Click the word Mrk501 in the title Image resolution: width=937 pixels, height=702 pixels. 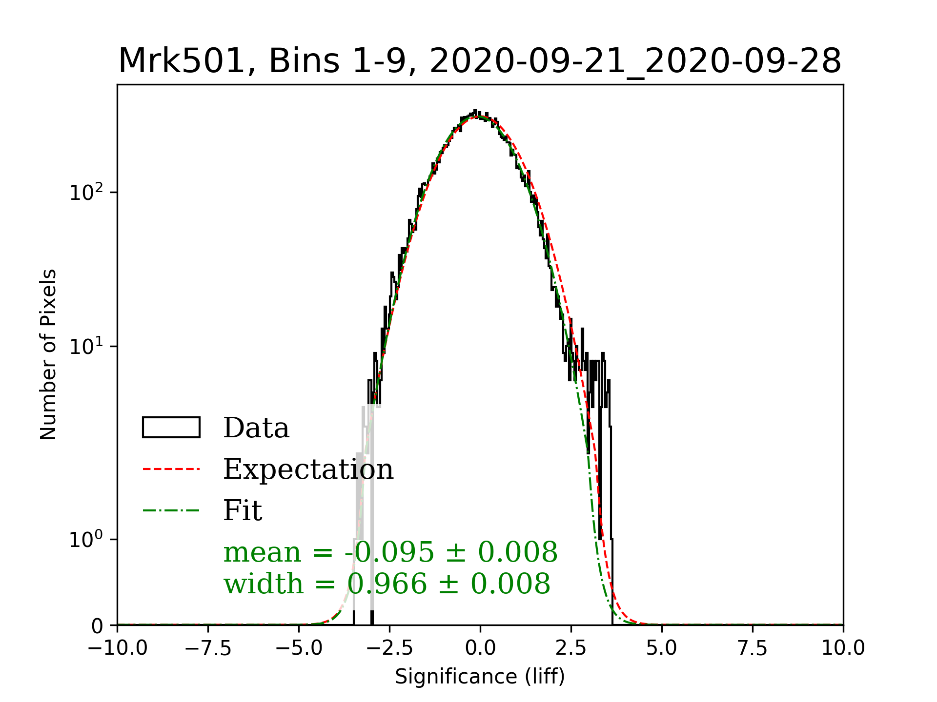click(x=181, y=61)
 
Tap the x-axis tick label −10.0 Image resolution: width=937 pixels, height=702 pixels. click(x=117, y=648)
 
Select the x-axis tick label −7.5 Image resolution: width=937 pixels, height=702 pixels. click(x=208, y=648)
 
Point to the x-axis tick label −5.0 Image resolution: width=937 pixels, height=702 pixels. click(x=299, y=648)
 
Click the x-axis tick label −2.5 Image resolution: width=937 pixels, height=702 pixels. click(x=389, y=648)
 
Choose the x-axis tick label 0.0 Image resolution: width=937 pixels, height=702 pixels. click(x=480, y=648)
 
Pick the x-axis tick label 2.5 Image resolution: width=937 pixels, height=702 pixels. click(x=571, y=648)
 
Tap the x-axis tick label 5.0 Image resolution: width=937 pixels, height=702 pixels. click(x=662, y=648)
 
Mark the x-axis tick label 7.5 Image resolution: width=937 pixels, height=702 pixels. click(x=753, y=648)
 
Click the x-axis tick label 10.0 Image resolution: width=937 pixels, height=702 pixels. click(x=843, y=648)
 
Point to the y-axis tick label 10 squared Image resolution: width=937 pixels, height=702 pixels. click(x=86, y=192)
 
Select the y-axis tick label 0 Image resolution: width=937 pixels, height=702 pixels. click(x=98, y=626)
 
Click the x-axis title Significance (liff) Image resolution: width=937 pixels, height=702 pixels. click(x=480, y=677)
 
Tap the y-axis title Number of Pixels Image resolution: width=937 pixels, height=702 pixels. click(x=48, y=354)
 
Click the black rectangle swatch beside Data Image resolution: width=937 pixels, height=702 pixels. click(x=171, y=428)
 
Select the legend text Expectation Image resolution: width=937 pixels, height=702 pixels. click(x=308, y=469)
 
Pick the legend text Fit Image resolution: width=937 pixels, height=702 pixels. click(x=243, y=510)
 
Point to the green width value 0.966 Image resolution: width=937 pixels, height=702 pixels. click(x=387, y=584)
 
